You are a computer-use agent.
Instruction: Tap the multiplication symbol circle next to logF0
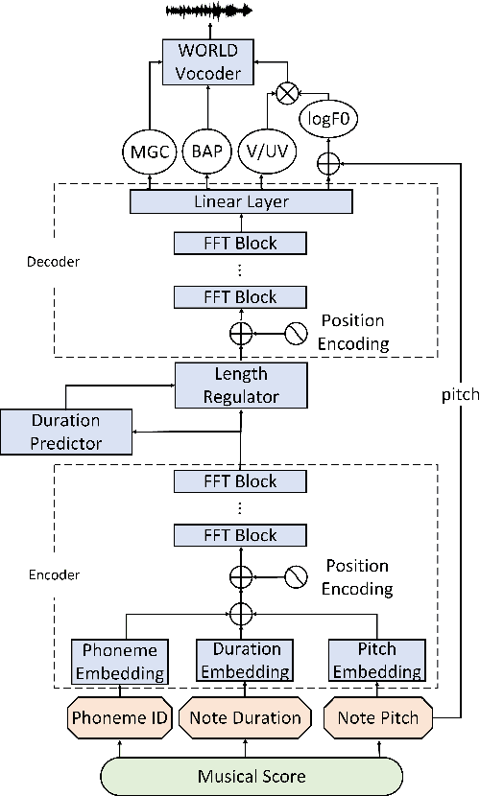pyautogui.click(x=285, y=91)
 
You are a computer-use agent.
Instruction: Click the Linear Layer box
pyautogui.click(x=240, y=201)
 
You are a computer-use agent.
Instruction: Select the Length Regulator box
pyautogui.click(x=240, y=385)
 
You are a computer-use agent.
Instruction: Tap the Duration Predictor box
pyautogui.click(x=65, y=431)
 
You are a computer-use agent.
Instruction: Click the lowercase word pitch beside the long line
pyautogui.click(x=460, y=395)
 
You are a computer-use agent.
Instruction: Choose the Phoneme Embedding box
pyautogui.click(x=120, y=661)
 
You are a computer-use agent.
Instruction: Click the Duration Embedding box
pyautogui.click(x=240, y=661)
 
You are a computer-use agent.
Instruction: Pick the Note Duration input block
pyautogui.click(x=245, y=717)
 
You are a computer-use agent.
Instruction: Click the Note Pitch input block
pyautogui.click(x=371, y=717)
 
